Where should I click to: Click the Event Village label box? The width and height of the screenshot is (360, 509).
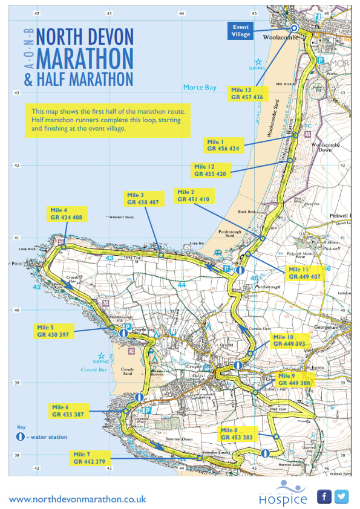(x=242, y=31)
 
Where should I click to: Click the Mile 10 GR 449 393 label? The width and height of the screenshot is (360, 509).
(x=290, y=341)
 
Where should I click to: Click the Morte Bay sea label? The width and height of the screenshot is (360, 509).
(x=200, y=88)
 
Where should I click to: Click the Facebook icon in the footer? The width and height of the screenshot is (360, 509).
(x=324, y=497)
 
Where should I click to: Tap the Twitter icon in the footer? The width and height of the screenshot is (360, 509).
(x=342, y=497)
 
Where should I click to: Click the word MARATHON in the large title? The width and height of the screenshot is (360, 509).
(x=85, y=59)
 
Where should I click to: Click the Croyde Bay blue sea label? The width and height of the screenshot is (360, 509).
(x=93, y=369)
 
